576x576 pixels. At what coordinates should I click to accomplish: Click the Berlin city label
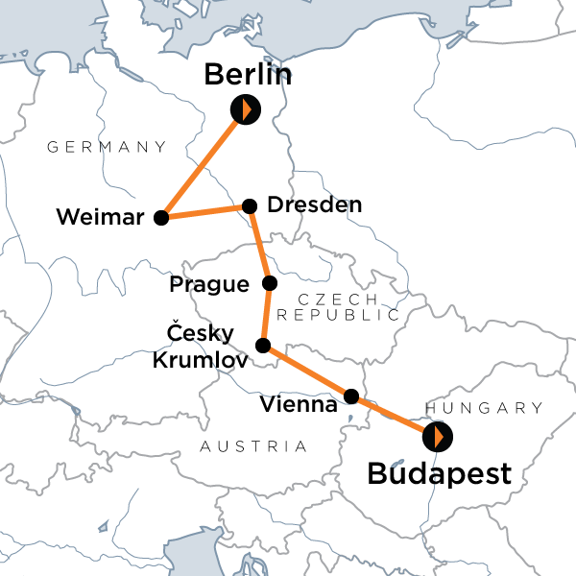(x=248, y=75)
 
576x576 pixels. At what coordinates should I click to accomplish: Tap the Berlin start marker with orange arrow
(x=246, y=109)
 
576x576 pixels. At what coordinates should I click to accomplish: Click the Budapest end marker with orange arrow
(x=438, y=438)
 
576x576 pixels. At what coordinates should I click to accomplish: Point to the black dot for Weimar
(x=161, y=217)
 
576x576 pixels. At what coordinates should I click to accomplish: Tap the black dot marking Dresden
(x=250, y=205)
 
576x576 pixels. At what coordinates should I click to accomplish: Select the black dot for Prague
(x=270, y=283)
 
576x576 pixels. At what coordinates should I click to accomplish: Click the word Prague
(x=209, y=284)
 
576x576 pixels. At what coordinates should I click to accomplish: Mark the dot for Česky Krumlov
(x=262, y=345)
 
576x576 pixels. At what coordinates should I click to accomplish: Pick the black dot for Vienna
(x=351, y=396)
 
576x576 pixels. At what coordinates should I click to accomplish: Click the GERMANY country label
(x=107, y=147)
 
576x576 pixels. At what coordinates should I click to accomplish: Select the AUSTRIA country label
(x=254, y=446)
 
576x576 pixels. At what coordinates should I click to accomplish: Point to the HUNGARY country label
(x=484, y=407)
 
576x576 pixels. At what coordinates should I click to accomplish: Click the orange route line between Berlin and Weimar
(x=204, y=163)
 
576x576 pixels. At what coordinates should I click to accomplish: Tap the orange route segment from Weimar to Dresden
(x=205, y=211)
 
